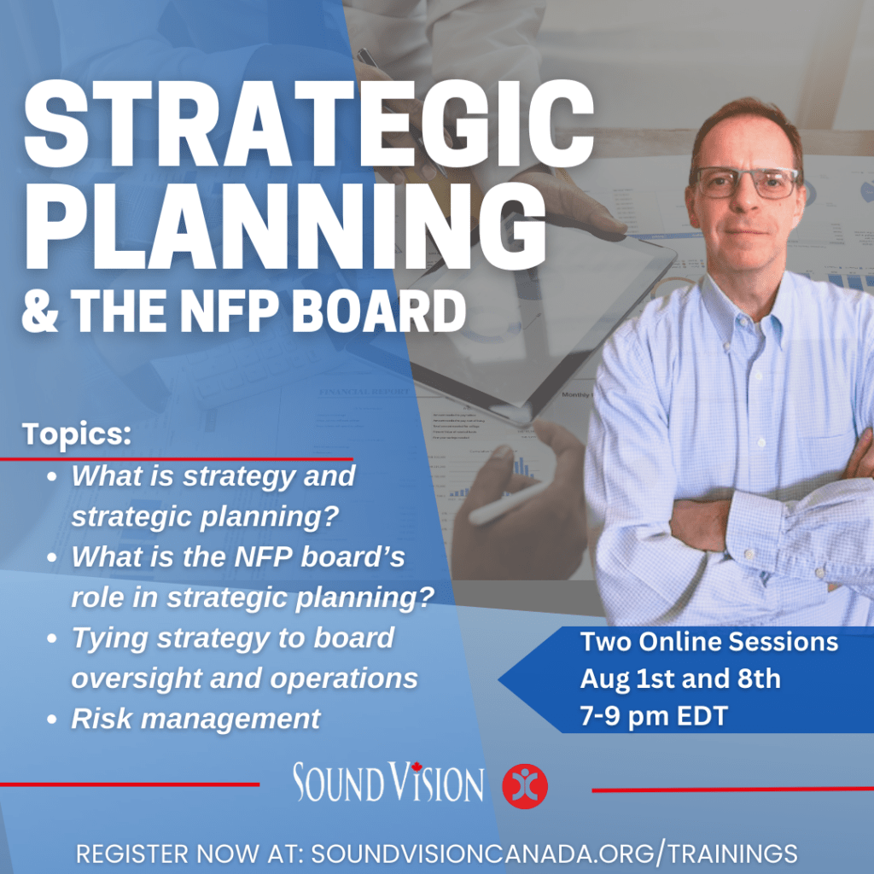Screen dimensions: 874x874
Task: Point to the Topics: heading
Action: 78,433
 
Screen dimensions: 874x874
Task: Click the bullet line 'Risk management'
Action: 195,718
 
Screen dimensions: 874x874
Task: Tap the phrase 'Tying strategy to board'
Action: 232,638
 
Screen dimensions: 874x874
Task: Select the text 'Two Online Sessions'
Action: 709,642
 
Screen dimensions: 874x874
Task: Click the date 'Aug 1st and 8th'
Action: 680,679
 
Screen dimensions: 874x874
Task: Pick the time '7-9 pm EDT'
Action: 654,716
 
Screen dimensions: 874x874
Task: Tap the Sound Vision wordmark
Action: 388,783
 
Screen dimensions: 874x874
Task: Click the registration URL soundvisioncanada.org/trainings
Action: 554,853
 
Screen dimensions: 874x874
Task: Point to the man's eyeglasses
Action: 745,182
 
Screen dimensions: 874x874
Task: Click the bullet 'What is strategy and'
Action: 213,475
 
